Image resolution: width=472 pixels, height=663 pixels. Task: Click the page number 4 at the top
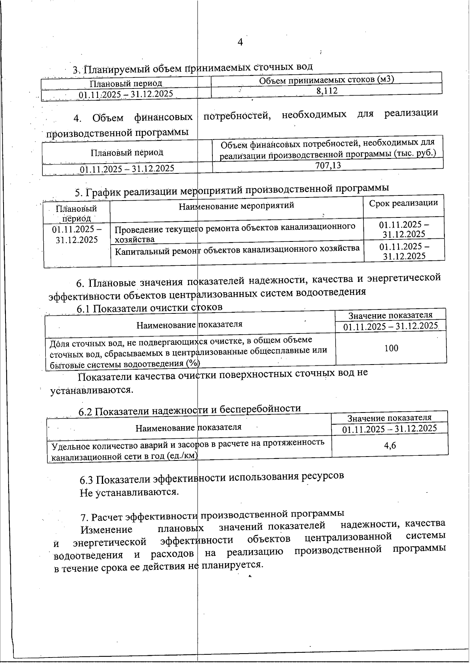(x=240, y=42)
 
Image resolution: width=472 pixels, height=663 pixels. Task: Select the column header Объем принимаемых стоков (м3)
(x=326, y=80)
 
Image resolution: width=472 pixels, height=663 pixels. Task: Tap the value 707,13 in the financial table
(x=328, y=166)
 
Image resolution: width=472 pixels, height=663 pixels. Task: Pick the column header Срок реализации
(x=403, y=203)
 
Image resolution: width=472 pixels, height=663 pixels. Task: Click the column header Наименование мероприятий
(x=236, y=205)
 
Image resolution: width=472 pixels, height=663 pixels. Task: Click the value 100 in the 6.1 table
(x=391, y=348)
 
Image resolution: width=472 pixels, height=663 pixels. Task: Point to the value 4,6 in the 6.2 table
(x=390, y=445)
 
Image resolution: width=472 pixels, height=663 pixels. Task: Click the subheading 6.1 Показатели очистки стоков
(x=149, y=308)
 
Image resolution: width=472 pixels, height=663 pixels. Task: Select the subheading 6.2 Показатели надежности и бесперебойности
(x=190, y=410)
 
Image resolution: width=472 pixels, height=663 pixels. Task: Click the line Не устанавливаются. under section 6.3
(x=129, y=492)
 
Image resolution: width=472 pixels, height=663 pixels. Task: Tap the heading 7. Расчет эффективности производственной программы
(x=212, y=514)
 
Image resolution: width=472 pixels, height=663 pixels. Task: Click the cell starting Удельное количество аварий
(x=188, y=449)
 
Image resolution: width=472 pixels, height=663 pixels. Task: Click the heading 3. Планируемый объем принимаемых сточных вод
(x=192, y=68)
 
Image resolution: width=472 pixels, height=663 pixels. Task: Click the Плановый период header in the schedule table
(x=76, y=213)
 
